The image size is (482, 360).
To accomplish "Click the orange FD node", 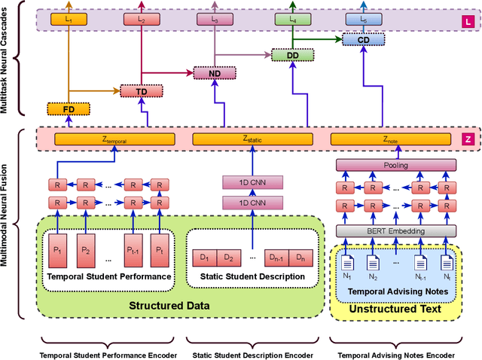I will (x=69, y=109).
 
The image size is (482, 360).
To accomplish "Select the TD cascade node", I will (x=141, y=91).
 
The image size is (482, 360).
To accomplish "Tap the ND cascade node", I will (x=214, y=73).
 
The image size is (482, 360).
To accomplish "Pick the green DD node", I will (x=293, y=55).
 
